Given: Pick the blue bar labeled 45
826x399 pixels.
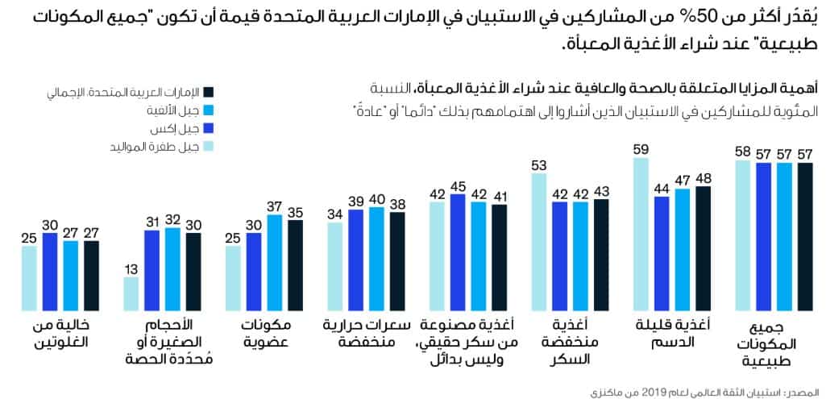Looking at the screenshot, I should (459, 252).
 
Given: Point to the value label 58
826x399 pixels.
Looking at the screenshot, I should (743, 152).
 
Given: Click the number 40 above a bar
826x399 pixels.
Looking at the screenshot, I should (377, 199).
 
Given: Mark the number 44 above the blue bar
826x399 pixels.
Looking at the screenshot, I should (662, 188).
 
